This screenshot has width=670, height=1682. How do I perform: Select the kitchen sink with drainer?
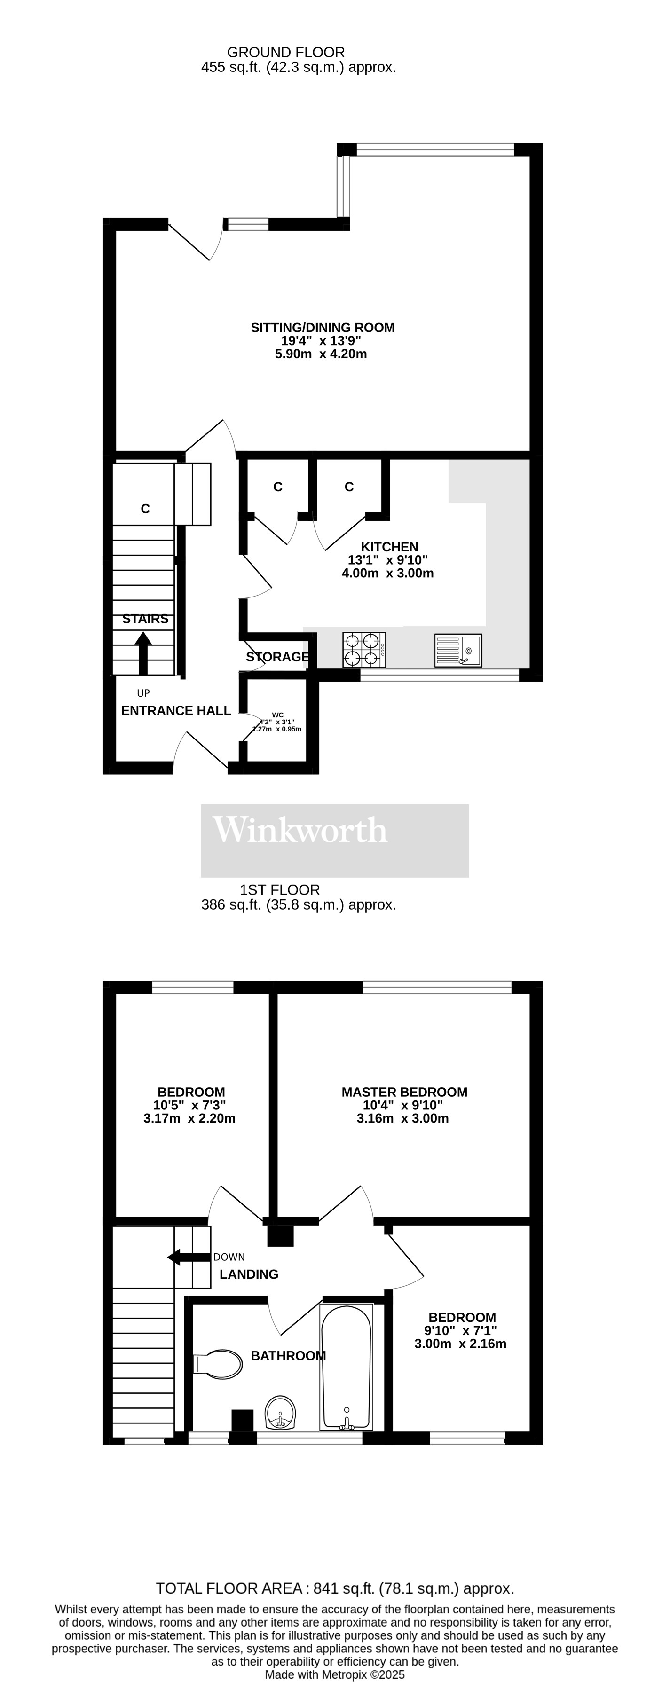(x=458, y=650)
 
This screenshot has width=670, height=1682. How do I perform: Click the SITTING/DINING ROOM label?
(x=323, y=328)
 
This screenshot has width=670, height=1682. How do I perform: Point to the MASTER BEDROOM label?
(x=404, y=1092)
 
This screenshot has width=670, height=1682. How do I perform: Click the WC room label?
(x=277, y=715)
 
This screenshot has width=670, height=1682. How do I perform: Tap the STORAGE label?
(x=277, y=657)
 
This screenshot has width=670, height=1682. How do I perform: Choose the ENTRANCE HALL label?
(x=176, y=710)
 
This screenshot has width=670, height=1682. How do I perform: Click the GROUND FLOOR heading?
(x=285, y=52)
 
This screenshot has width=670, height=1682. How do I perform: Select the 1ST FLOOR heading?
(x=279, y=890)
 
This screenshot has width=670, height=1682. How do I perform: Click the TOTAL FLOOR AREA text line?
(x=334, y=1588)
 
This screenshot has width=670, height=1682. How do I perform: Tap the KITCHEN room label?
(x=390, y=547)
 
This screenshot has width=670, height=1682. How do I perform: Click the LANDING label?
(x=249, y=1274)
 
